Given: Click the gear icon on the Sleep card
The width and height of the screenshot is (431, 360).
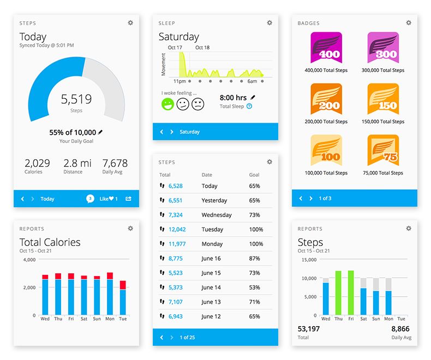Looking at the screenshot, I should (270, 23).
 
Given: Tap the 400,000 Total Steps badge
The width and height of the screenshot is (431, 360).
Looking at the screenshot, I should (326, 47).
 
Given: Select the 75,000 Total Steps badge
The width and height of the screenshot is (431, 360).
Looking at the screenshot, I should (383, 151).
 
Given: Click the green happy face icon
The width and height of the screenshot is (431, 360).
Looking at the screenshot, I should (168, 104).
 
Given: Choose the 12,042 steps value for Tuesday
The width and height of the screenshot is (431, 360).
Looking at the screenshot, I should (177, 230).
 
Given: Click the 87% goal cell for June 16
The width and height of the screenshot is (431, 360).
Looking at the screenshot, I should (254, 259).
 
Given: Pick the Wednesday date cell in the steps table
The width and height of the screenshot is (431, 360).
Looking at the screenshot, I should (217, 215).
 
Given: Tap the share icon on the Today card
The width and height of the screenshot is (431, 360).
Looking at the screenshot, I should (129, 199).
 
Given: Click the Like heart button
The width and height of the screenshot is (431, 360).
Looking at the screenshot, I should (109, 199).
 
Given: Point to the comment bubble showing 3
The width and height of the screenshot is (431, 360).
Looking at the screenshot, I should (90, 199).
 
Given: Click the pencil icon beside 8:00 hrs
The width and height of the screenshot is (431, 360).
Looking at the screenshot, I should (253, 98).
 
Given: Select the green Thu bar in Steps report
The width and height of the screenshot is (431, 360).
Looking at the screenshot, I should (339, 293).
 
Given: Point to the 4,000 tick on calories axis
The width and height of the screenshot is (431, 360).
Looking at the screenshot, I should (28, 260).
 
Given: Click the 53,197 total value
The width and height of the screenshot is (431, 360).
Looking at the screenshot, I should (309, 329).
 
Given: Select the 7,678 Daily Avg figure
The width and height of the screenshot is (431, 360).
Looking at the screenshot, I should (115, 163).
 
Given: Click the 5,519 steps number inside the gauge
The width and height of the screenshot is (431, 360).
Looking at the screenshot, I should (76, 99).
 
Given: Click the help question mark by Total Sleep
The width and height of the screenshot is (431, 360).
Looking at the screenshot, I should (249, 106).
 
